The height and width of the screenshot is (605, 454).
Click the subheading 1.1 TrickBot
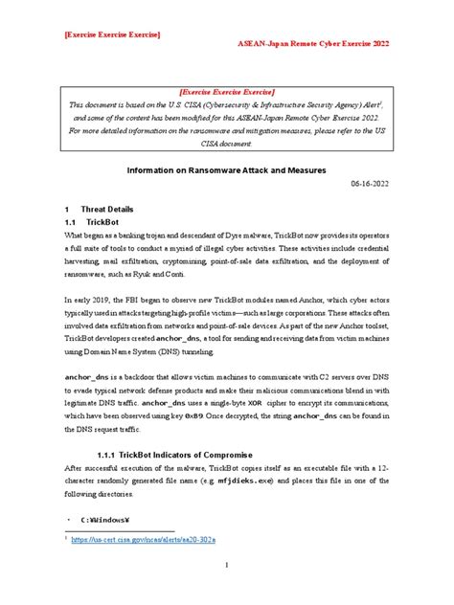click(x=93, y=221)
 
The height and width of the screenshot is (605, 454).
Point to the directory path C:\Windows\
click(x=104, y=520)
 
